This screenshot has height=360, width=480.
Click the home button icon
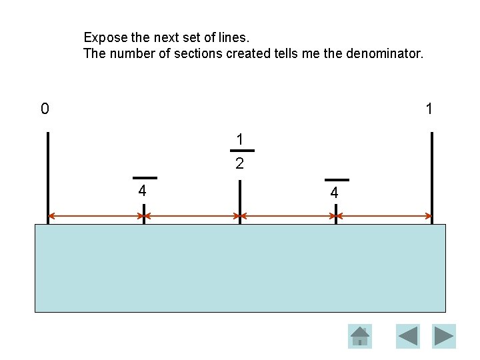coord(360,336)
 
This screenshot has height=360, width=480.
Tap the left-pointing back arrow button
coord(408,336)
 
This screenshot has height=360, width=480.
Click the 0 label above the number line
coord(45,109)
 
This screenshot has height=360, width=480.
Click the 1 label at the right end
coord(429,109)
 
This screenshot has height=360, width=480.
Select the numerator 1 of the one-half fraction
coord(239,140)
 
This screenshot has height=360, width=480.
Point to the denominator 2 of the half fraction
coord(239,163)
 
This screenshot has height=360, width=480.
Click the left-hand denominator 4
coord(142,191)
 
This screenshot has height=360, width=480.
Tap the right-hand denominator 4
coord(335,193)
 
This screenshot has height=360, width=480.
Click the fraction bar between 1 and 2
coord(241,151)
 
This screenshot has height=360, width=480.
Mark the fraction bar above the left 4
coord(145,178)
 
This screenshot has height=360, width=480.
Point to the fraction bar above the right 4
coord(337,180)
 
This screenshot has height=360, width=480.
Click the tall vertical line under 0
coord(48,173)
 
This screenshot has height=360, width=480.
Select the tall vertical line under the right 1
coord(432,173)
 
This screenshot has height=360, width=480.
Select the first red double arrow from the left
coord(96,216)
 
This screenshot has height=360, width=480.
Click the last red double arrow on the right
coord(384,216)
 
